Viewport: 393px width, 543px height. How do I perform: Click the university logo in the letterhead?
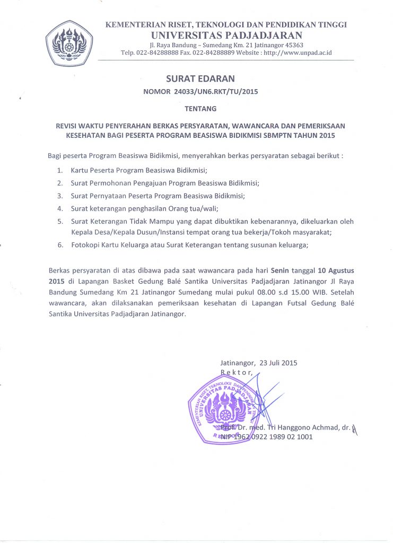coord(69,42)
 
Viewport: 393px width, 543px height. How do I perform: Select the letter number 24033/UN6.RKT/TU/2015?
coord(223,92)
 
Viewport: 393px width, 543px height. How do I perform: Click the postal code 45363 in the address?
coord(293,45)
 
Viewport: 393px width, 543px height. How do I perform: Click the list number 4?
coord(60,208)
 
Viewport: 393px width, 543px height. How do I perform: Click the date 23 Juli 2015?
coord(278,363)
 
